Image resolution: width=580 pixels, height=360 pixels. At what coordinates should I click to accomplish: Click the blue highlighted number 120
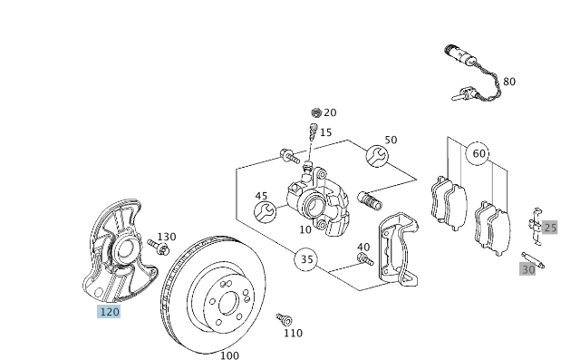(x=109, y=312)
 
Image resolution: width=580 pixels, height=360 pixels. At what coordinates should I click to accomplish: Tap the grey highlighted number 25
(x=550, y=228)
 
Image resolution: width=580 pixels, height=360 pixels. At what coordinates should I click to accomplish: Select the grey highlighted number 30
(x=527, y=269)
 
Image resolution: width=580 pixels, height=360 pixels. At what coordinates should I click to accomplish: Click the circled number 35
(x=306, y=259)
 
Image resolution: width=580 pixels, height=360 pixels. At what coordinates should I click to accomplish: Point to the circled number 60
(x=478, y=153)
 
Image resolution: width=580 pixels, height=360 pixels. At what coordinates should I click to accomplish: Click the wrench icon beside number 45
(x=265, y=212)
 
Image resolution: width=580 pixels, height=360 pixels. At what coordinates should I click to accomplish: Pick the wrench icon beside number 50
(x=377, y=156)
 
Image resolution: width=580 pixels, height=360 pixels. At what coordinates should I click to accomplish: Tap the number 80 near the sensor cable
(x=509, y=82)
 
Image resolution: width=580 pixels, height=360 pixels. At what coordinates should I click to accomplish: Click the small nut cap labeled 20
(x=316, y=112)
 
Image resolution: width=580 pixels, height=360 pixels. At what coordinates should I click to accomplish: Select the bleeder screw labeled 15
(x=313, y=131)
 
